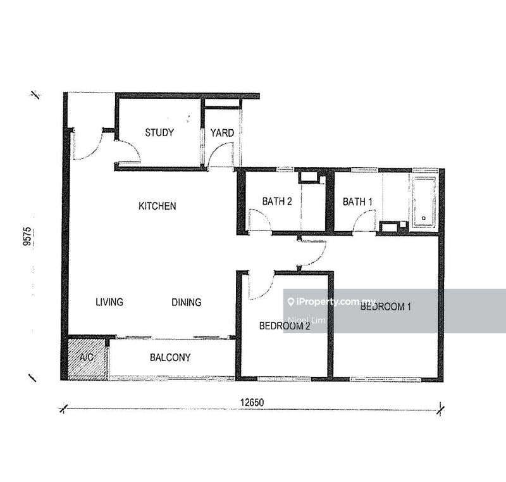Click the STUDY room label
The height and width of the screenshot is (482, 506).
click(159, 132)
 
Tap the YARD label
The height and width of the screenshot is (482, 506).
click(222, 133)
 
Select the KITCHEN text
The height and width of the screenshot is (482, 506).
click(157, 206)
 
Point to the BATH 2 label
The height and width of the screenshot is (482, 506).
click(277, 201)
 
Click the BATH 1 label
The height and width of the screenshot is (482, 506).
click(357, 201)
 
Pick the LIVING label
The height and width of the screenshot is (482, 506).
click(109, 302)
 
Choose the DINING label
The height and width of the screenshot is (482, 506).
click(186, 302)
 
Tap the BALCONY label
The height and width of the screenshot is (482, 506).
click(170, 357)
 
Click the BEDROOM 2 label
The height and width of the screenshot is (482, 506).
click(285, 326)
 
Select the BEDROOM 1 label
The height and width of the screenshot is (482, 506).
click(385, 307)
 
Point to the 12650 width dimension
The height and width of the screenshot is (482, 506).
click(252, 403)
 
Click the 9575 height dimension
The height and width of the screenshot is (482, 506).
click(27, 236)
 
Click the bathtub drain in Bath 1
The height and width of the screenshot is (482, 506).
click(424, 218)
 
